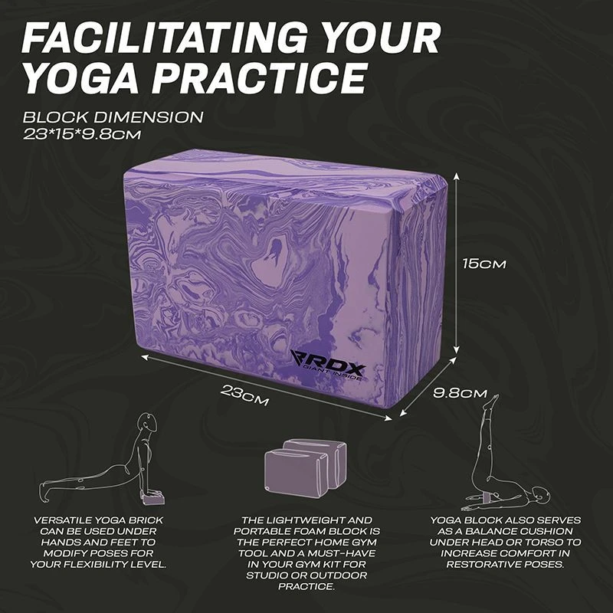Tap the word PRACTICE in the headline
click(260, 77)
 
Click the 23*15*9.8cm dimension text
click(81, 134)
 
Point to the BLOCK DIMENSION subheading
click(113, 117)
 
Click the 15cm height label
click(484, 264)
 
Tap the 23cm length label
click(244, 395)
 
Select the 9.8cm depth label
click(461, 393)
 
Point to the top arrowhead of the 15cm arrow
click(456, 177)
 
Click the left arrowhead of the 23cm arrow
click(144, 356)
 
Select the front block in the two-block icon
click(296, 473)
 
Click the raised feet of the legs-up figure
click(493, 401)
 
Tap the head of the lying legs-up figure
click(541, 495)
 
